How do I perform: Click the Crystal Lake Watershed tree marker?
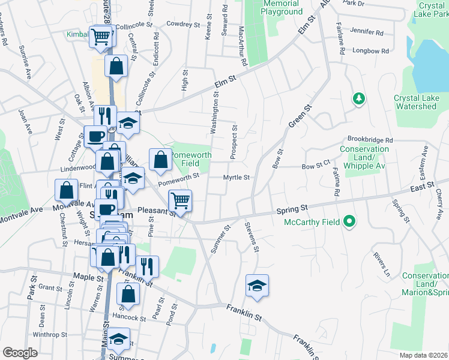pyautogui.click(x=359, y=98)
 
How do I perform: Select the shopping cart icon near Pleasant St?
pyautogui.click(x=180, y=200)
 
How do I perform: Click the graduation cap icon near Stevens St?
pyautogui.click(x=257, y=285)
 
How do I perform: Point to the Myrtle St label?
pyautogui.click(x=236, y=177)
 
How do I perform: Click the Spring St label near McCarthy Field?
pyautogui.click(x=292, y=208)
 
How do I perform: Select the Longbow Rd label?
pyautogui.click(x=367, y=51)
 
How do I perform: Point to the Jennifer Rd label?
pyautogui.click(x=366, y=31)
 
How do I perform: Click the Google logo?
pyautogui.click(x=20, y=352)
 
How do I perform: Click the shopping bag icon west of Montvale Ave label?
pyautogui.click(x=66, y=190)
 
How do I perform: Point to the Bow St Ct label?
pyautogui.click(x=316, y=166)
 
